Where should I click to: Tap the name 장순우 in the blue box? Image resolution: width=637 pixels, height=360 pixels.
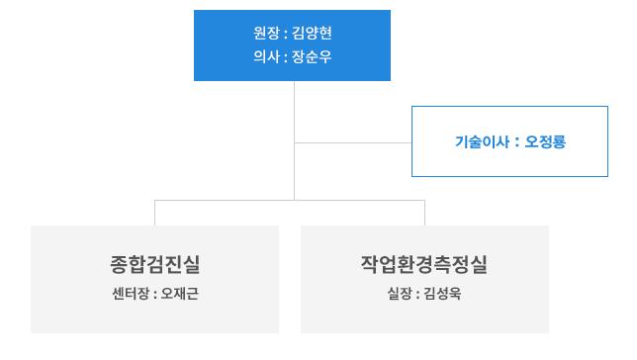[312, 56]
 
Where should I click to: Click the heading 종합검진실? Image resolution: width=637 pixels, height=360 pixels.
[155, 264]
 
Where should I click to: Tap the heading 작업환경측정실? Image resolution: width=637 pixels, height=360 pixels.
[424, 264]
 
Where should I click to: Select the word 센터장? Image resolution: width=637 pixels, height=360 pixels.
[131, 294]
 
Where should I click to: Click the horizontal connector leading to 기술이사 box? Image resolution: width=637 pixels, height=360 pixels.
[352, 142]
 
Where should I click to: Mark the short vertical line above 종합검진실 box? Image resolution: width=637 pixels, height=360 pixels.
[155, 213]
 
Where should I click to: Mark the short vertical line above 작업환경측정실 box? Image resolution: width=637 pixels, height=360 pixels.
[424, 213]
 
